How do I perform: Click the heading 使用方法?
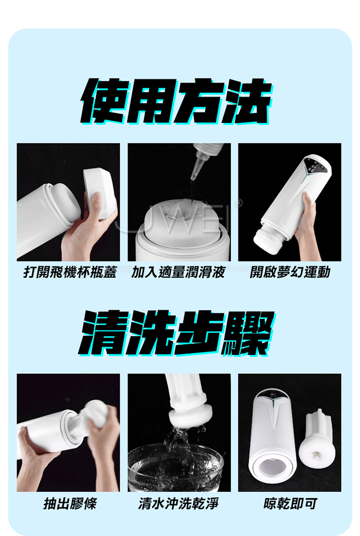click(x=176, y=100)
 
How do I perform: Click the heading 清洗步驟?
click(x=176, y=332)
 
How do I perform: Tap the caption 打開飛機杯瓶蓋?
click(x=70, y=272)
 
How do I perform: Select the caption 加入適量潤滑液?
click(x=178, y=272)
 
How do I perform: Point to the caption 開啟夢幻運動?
click(x=290, y=272)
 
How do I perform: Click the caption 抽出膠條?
click(x=70, y=504)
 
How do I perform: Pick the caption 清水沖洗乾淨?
click(x=178, y=504)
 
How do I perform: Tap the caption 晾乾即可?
click(x=290, y=504)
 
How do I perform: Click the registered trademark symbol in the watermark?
click(x=238, y=204)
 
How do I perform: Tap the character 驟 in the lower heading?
click(x=248, y=333)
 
